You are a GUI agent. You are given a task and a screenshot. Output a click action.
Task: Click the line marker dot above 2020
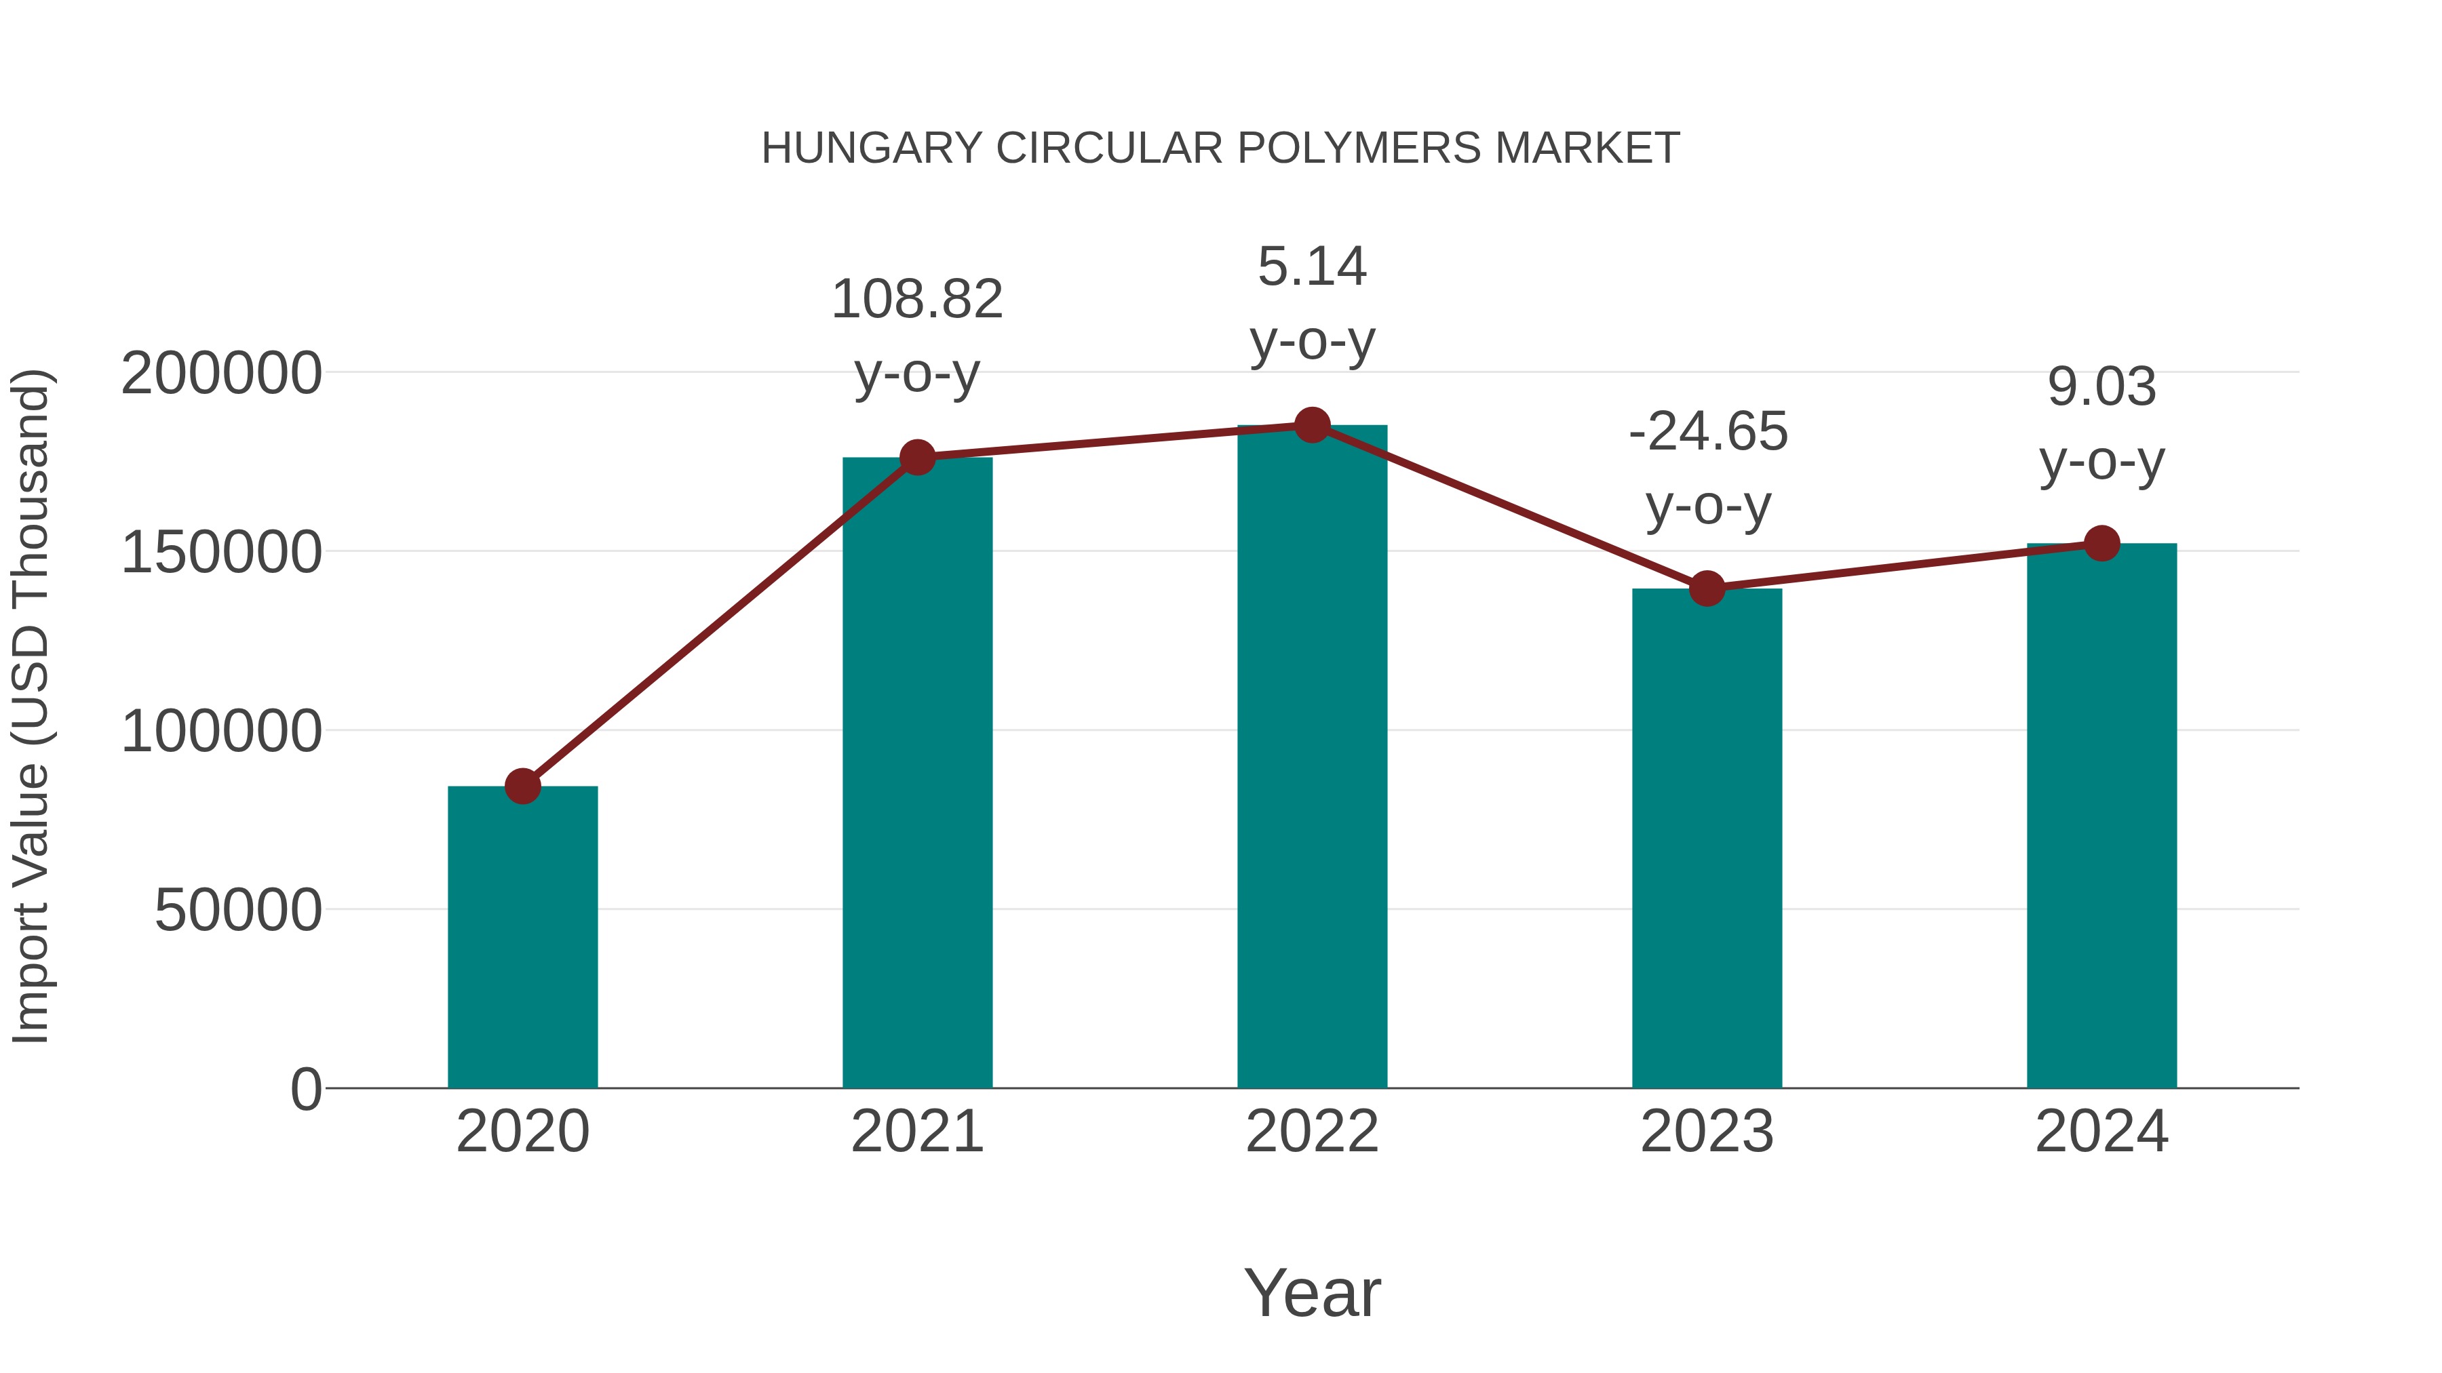pos(522,786)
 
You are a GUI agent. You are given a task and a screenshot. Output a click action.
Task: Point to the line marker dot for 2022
pos(1312,425)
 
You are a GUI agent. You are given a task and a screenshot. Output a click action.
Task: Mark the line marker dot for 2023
pos(1707,589)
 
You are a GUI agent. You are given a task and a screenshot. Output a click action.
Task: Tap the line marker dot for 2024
pos(2101,543)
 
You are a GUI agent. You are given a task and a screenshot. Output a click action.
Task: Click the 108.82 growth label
pos(916,300)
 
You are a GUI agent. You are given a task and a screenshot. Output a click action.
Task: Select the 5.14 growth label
pos(1312,266)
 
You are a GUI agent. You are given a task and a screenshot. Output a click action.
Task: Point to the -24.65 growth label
pos(1707,432)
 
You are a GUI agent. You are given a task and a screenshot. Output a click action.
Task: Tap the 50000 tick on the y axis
pos(238,911)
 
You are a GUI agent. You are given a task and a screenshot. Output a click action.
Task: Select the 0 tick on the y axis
pos(306,1089)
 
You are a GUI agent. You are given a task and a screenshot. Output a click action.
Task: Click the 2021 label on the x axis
pos(916,1132)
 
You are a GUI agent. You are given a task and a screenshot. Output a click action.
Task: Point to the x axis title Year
pos(1312,1292)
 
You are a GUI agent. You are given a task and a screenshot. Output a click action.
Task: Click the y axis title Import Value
pos(31,706)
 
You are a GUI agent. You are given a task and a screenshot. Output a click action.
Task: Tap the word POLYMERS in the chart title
pos(1359,148)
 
